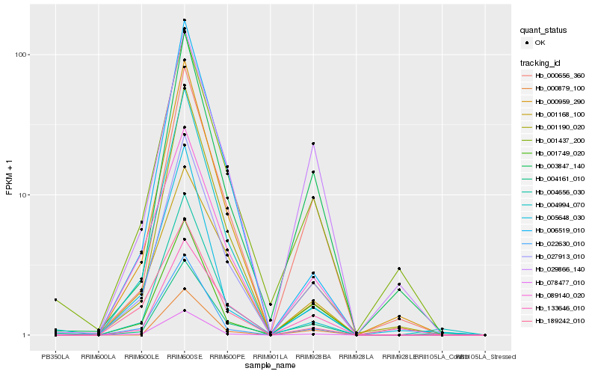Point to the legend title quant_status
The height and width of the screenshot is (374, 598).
pyautogui.click(x=543, y=30)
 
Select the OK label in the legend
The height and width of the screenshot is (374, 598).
pyautogui.click(x=540, y=43)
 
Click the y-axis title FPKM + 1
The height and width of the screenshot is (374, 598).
pyautogui.click(x=10, y=177)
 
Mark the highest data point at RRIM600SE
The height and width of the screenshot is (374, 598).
pyautogui.click(x=185, y=20)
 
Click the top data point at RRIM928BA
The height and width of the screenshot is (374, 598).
pyautogui.click(x=313, y=144)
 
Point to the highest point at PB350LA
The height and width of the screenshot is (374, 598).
pyautogui.click(x=55, y=300)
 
